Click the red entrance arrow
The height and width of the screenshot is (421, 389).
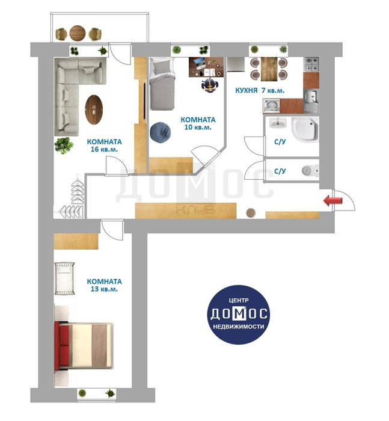pos(333,200)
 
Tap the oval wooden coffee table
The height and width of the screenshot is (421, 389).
pos(94,109)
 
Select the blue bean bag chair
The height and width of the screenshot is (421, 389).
pos(161,132)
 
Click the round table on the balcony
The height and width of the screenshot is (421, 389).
pos(78,33)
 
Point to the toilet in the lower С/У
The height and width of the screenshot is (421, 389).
pos(311,170)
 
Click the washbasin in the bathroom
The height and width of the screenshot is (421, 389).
pos(278,123)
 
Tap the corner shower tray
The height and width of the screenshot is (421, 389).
pos(305,129)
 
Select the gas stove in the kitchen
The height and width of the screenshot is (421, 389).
pos(311,64)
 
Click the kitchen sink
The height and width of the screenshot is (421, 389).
pos(311,100)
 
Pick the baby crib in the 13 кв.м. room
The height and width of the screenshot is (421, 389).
pos(64,278)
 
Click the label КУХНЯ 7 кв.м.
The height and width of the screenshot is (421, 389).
pos(260,90)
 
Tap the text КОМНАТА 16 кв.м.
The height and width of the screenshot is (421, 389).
pos(104,146)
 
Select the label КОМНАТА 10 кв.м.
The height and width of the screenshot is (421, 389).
pos(198,123)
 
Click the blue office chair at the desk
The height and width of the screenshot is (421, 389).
pos(209,85)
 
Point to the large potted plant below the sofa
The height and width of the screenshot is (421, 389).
pos(64,146)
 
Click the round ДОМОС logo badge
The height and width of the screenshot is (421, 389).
pos(239,315)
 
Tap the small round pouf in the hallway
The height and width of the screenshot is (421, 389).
pos(251,213)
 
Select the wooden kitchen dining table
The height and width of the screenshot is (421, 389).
pos(269,69)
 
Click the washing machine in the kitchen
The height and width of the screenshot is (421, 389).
pos(271,106)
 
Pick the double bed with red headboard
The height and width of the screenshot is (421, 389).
pos(84,345)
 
